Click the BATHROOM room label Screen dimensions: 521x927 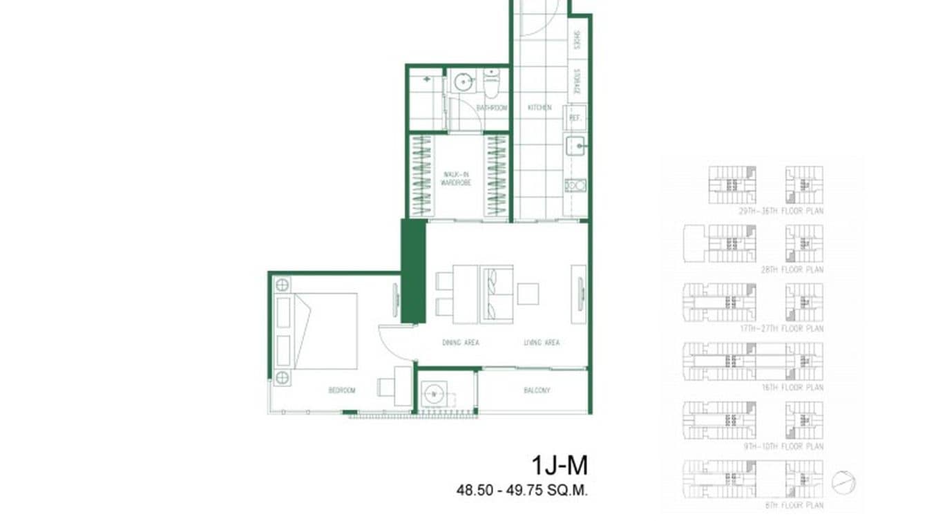[x=493, y=108]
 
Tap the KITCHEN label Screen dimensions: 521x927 [x=539, y=108]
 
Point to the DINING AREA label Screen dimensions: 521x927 [x=461, y=343]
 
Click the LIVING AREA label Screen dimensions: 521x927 [x=542, y=343]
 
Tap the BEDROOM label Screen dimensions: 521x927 [x=341, y=390]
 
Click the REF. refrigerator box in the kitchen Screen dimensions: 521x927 [x=574, y=118]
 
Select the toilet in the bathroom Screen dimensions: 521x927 [x=491, y=82]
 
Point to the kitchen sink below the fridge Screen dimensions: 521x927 [x=575, y=146]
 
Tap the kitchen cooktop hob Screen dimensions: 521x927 [x=575, y=185]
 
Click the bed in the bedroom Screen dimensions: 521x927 [x=325, y=331]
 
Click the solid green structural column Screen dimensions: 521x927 [x=413, y=271]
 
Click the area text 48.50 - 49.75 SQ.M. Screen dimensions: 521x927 [x=522, y=491]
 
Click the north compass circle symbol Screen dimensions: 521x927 [x=844, y=482]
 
